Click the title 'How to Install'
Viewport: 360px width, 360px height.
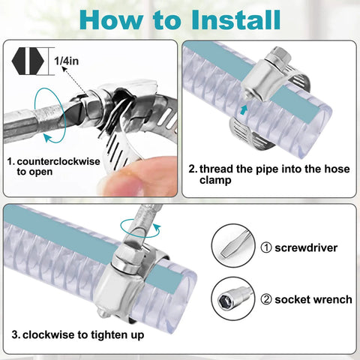point(180,19)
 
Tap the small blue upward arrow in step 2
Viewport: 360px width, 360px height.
point(243,109)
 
